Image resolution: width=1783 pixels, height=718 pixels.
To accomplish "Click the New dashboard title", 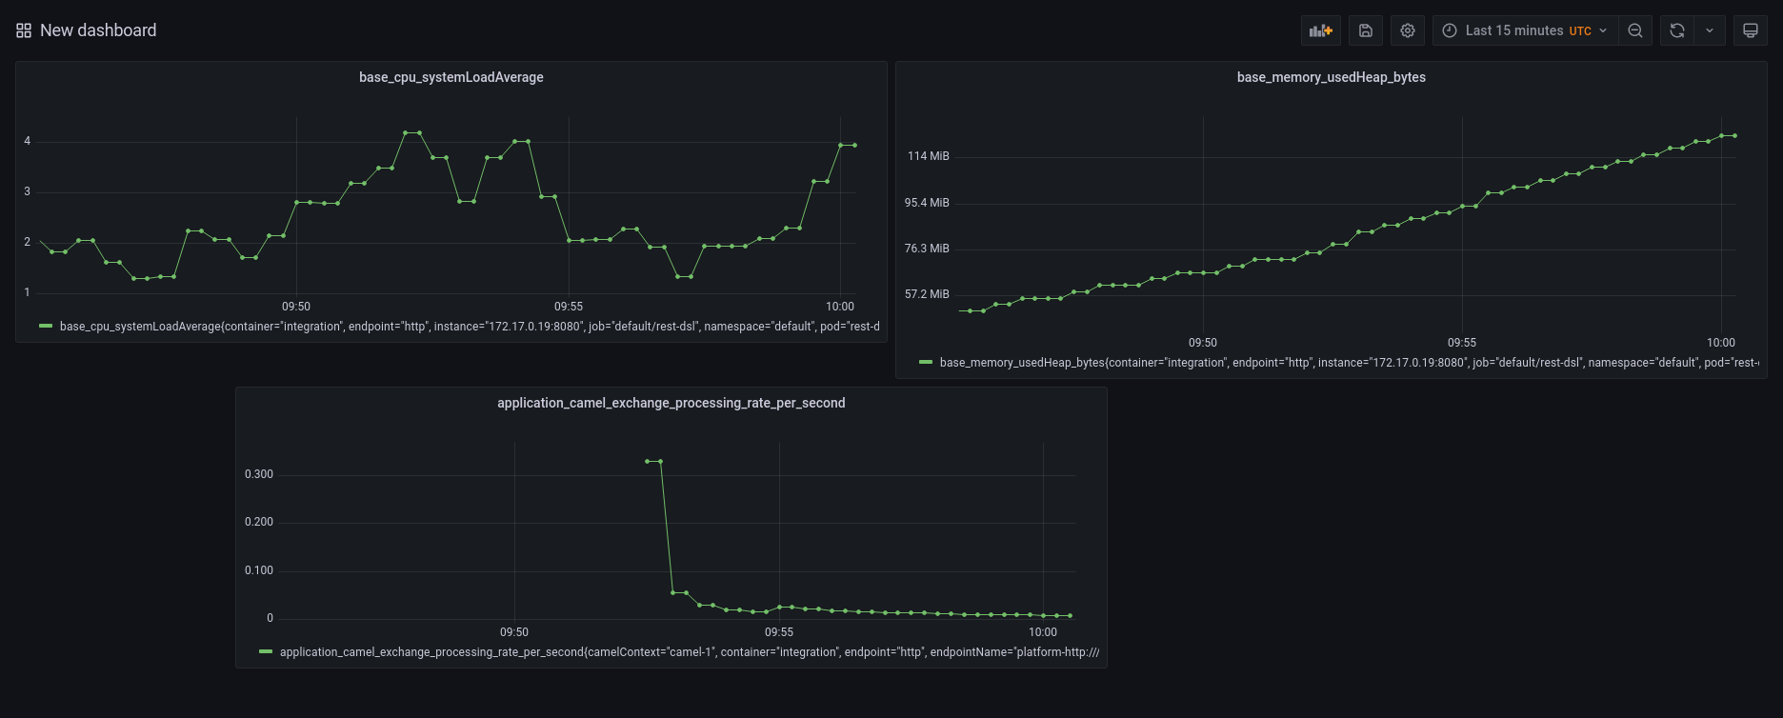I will coord(97,30).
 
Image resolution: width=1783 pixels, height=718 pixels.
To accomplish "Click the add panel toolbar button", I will coord(1320,30).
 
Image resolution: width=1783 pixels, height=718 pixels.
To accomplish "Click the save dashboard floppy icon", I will coord(1365,30).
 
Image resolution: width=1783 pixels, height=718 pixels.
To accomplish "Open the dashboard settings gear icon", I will coord(1407,30).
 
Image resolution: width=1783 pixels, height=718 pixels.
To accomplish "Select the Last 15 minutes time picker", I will coord(1524,30).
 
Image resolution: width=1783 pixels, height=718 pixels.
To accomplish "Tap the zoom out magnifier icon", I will coord(1634,30).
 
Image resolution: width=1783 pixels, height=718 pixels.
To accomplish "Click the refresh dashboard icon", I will coord(1676,30).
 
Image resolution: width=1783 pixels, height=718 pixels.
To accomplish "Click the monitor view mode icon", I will coord(1750,30).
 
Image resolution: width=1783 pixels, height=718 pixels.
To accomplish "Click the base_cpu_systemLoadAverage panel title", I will coord(451,77).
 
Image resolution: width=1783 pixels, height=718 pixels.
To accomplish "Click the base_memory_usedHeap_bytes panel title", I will coord(1331,77).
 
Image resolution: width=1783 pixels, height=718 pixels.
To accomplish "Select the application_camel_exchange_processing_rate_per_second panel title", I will coord(671,403).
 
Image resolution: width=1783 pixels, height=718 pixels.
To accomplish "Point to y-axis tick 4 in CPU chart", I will coord(28,141).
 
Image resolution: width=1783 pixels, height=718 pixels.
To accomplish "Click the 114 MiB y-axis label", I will coord(928,156).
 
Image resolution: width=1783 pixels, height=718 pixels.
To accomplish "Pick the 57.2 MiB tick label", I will coord(927,294).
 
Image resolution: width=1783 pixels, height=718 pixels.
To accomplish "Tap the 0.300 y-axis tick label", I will coord(259,474).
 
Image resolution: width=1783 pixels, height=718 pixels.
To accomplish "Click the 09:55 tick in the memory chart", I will coord(1461,343).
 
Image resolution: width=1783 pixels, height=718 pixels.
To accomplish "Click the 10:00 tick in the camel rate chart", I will coord(1042,632).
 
